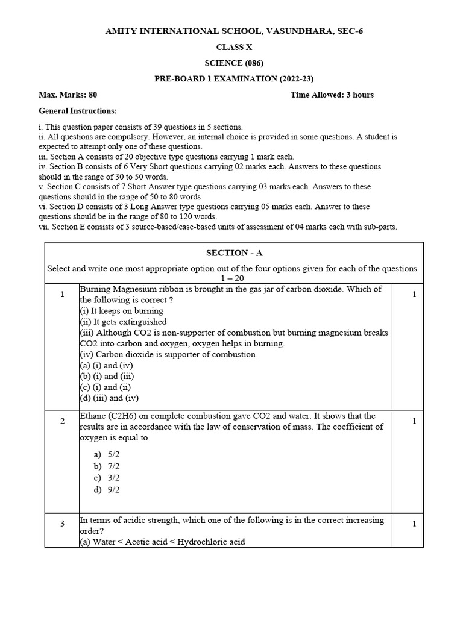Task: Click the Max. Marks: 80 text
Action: pos(68,95)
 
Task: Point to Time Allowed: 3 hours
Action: pos(332,95)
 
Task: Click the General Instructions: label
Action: pos(78,111)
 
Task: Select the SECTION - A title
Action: pos(235,253)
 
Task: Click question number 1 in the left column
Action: pos(62,294)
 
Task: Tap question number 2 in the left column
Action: pos(62,421)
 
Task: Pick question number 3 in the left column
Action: pos(62,524)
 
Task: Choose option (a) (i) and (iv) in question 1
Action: pos(106,365)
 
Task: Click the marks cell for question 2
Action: pos(414,421)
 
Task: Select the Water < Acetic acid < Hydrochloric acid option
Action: pos(163,542)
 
